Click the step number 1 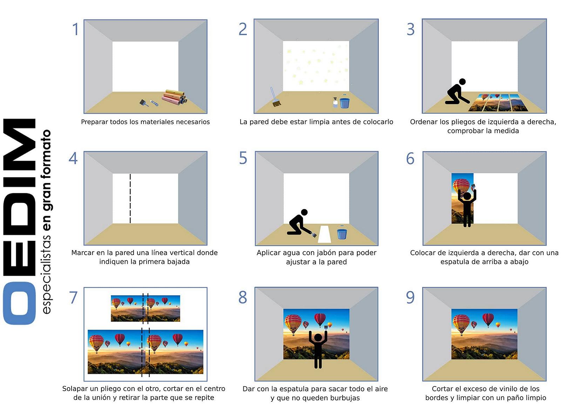coord(75,29)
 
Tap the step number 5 coord(243,158)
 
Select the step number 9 coord(410,297)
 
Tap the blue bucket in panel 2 coord(345,102)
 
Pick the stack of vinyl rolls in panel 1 coord(174,97)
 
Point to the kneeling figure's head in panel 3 coord(462,82)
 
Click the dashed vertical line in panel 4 coord(130,198)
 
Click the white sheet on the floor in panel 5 coord(324,234)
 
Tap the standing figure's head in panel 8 coord(318,338)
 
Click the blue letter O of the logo coord(19,303)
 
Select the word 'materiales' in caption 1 coord(160,122)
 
